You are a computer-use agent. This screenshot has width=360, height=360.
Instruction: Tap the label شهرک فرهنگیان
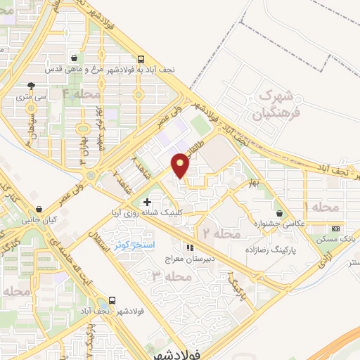[x=280, y=103]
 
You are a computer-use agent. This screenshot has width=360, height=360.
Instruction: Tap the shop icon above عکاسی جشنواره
[x=280, y=213]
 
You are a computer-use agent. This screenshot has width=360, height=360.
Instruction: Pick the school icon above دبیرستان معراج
[x=188, y=247]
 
